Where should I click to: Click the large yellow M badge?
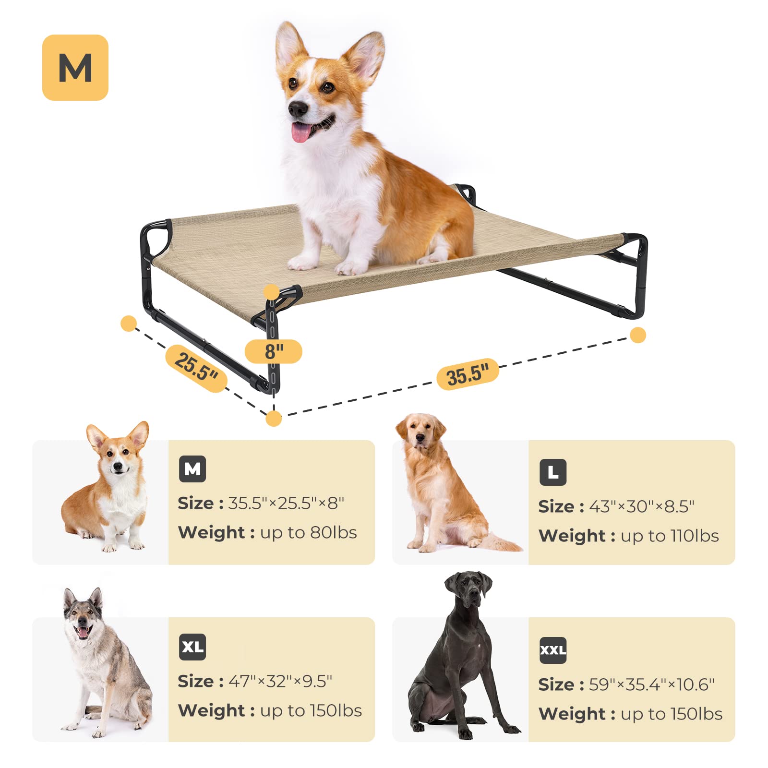(75, 68)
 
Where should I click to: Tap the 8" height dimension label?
(274, 351)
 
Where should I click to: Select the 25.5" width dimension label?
(196, 368)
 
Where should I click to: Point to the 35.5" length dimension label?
(468, 374)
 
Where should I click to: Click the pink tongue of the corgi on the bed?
(301, 132)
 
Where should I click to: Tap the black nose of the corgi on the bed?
(298, 109)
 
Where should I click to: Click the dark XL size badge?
(192, 647)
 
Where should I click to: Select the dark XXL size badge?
(553, 650)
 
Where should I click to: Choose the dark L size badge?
(553, 472)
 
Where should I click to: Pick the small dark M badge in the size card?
(192, 469)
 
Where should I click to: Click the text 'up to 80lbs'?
(309, 533)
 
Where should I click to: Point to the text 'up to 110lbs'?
(670, 536)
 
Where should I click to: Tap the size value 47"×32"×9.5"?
(280, 681)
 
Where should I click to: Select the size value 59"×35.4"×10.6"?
(651, 684)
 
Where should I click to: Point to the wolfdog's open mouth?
(84, 631)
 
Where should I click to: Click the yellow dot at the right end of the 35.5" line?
(638, 335)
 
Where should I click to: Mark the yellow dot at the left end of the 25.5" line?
(129, 324)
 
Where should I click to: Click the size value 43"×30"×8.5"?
(641, 506)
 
